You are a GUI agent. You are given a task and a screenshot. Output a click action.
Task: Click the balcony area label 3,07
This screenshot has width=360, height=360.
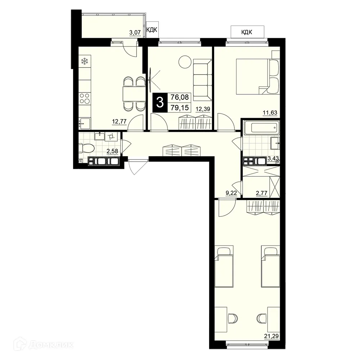[135, 33]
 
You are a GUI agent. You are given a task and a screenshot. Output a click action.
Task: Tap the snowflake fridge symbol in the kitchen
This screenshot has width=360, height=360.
[85, 62]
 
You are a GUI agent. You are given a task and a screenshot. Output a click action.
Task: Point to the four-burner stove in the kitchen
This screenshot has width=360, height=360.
[85, 98]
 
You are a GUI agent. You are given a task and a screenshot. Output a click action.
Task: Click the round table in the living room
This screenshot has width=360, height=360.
[185, 62]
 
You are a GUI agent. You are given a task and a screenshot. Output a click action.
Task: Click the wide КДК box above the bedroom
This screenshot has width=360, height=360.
[247, 32]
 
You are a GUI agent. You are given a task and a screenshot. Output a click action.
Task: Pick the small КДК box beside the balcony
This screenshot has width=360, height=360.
[152, 30]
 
